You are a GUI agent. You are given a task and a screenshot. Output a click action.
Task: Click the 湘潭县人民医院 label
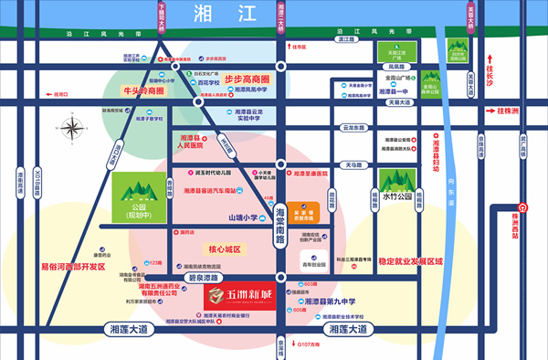[190, 140]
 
